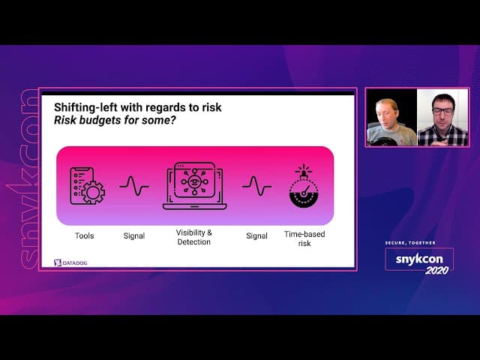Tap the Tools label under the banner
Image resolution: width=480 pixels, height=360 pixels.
click(x=85, y=235)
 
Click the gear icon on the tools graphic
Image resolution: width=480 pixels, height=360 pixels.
click(x=93, y=193)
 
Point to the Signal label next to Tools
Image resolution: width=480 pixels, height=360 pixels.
click(x=134, y=235)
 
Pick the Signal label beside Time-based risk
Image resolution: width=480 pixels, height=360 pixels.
click(x=256, y=235)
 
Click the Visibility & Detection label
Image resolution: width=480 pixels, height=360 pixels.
click(x=194, y=237)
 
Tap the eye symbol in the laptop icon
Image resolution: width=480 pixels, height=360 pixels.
click(x=194, y=181)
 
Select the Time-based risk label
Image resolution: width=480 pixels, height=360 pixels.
click(x=304, y=238)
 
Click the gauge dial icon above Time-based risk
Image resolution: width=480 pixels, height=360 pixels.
click(x=304, y=194)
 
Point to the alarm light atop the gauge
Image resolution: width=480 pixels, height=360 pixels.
click(x=304, y=171)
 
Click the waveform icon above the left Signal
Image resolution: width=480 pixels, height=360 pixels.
click(x=134, y=186)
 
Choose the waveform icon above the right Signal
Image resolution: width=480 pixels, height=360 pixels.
click(x=256, y=186)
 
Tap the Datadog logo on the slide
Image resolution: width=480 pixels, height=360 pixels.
click(x=70, y=262)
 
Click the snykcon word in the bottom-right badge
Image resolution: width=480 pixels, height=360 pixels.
click(x=419, y=259)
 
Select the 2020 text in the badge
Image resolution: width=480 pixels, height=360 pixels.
click(x=436, y=270)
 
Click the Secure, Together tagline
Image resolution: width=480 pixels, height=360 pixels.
click(x=410, y=243)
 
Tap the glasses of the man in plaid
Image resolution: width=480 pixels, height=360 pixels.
click(x=442, y=111)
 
